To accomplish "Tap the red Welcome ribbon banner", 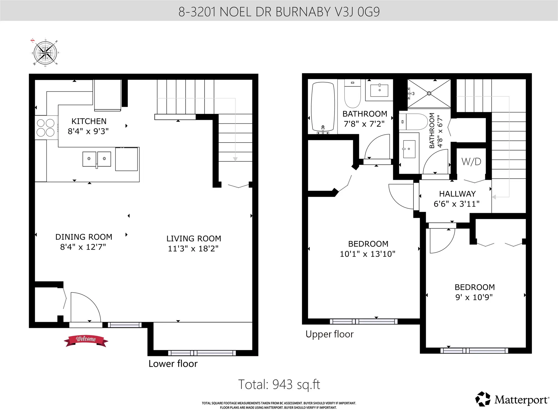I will pyautogui.click(x=86, y=340).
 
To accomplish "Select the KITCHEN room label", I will pyautogui.click(x=89, y=121).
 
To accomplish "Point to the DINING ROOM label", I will pyautogui.click(x=84, y=237).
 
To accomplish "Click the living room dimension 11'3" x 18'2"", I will pyautogui.click(x=193, y=248).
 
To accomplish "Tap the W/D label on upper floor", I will pyautogui.click(x=471, y=161).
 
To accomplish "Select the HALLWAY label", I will pyautogui.click(x=457, y=194).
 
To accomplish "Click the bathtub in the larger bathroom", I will pyautogui.click(x=323, y=107).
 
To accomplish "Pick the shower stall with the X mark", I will pyautogui.click(x=429, y=93).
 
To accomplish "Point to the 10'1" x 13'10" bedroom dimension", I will pyautogui.click(x=368, y=254).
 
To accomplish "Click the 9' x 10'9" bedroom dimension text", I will pyautogui.click(x=474, y=297).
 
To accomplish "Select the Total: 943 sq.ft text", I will pyautogui.click(x=279, y=384).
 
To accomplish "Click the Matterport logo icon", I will pyautogui.click(x=483, y=399).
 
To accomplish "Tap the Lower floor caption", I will pyautogui.click(x=173, y=364).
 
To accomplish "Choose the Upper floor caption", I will pyautogui.click(x=330, y=334).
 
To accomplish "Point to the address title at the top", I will pyautogui.click(x=279, y=12).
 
